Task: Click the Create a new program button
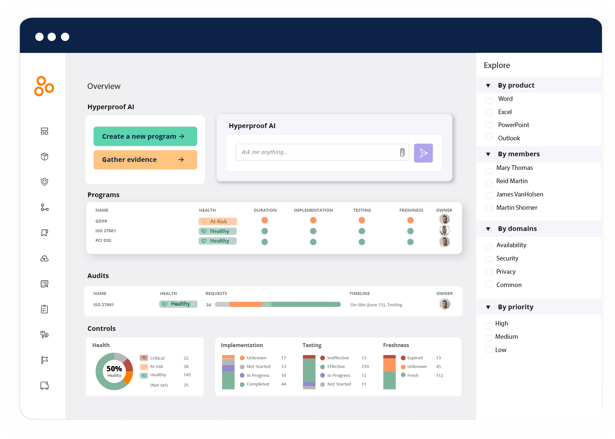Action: (145, 136)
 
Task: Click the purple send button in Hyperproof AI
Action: (423, 153)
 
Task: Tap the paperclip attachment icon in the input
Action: (402, 152)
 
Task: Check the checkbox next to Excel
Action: (489, 113)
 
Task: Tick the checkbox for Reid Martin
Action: (489, 183)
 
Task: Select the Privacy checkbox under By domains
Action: (489, 272)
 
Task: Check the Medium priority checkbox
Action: (489, 338)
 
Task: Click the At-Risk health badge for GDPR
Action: (218, 221)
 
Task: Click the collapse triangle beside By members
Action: (488, 154)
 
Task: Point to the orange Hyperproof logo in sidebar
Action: (44, 86)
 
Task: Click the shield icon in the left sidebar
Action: (44, 182)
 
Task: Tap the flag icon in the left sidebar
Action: (44, 360)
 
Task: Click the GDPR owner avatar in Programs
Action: (444, 219)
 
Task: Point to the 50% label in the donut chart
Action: (114, 369)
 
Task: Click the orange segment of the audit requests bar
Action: (246, 304)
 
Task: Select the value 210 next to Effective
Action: (365, 367)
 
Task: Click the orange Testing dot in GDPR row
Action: (362, 220)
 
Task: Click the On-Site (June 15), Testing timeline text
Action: (376, 305)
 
